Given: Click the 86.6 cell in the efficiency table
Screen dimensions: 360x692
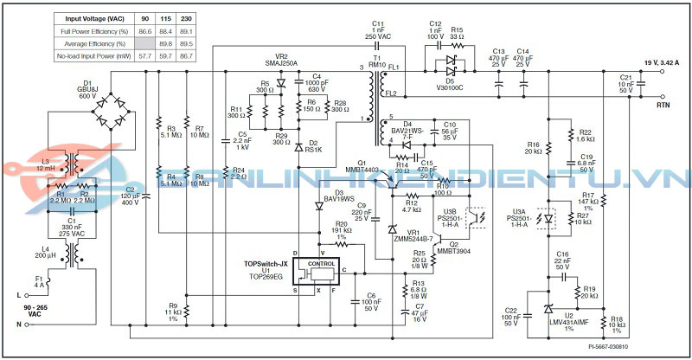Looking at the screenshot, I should [x=144, y=30].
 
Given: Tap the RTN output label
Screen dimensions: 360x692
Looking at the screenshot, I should [x=663, y=105].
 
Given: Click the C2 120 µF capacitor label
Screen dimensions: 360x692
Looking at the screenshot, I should [x=131, y=196].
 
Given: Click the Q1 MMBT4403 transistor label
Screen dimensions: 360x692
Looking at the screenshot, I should [x=362, y=166].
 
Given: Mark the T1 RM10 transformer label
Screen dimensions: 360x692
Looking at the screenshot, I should [x=377, y=61].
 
